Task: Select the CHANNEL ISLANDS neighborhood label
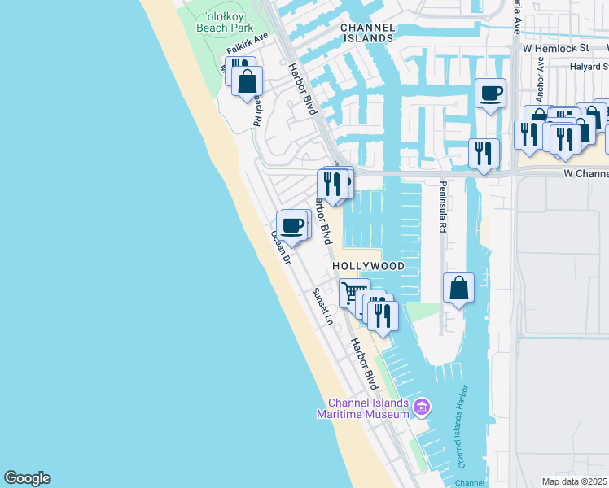pos(367,33)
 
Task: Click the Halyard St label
pos(590,68)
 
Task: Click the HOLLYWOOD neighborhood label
pos(368,266)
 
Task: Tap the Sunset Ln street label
pos(323,306)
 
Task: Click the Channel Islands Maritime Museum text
pos(368,408)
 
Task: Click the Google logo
pos(27,478)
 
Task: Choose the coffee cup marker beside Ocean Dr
pos(291,225)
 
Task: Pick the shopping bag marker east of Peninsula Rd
pos(459,287)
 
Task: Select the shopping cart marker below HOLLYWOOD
pos(353,292)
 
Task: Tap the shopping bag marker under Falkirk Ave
pos(248,81)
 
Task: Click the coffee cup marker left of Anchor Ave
pos(491,93)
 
